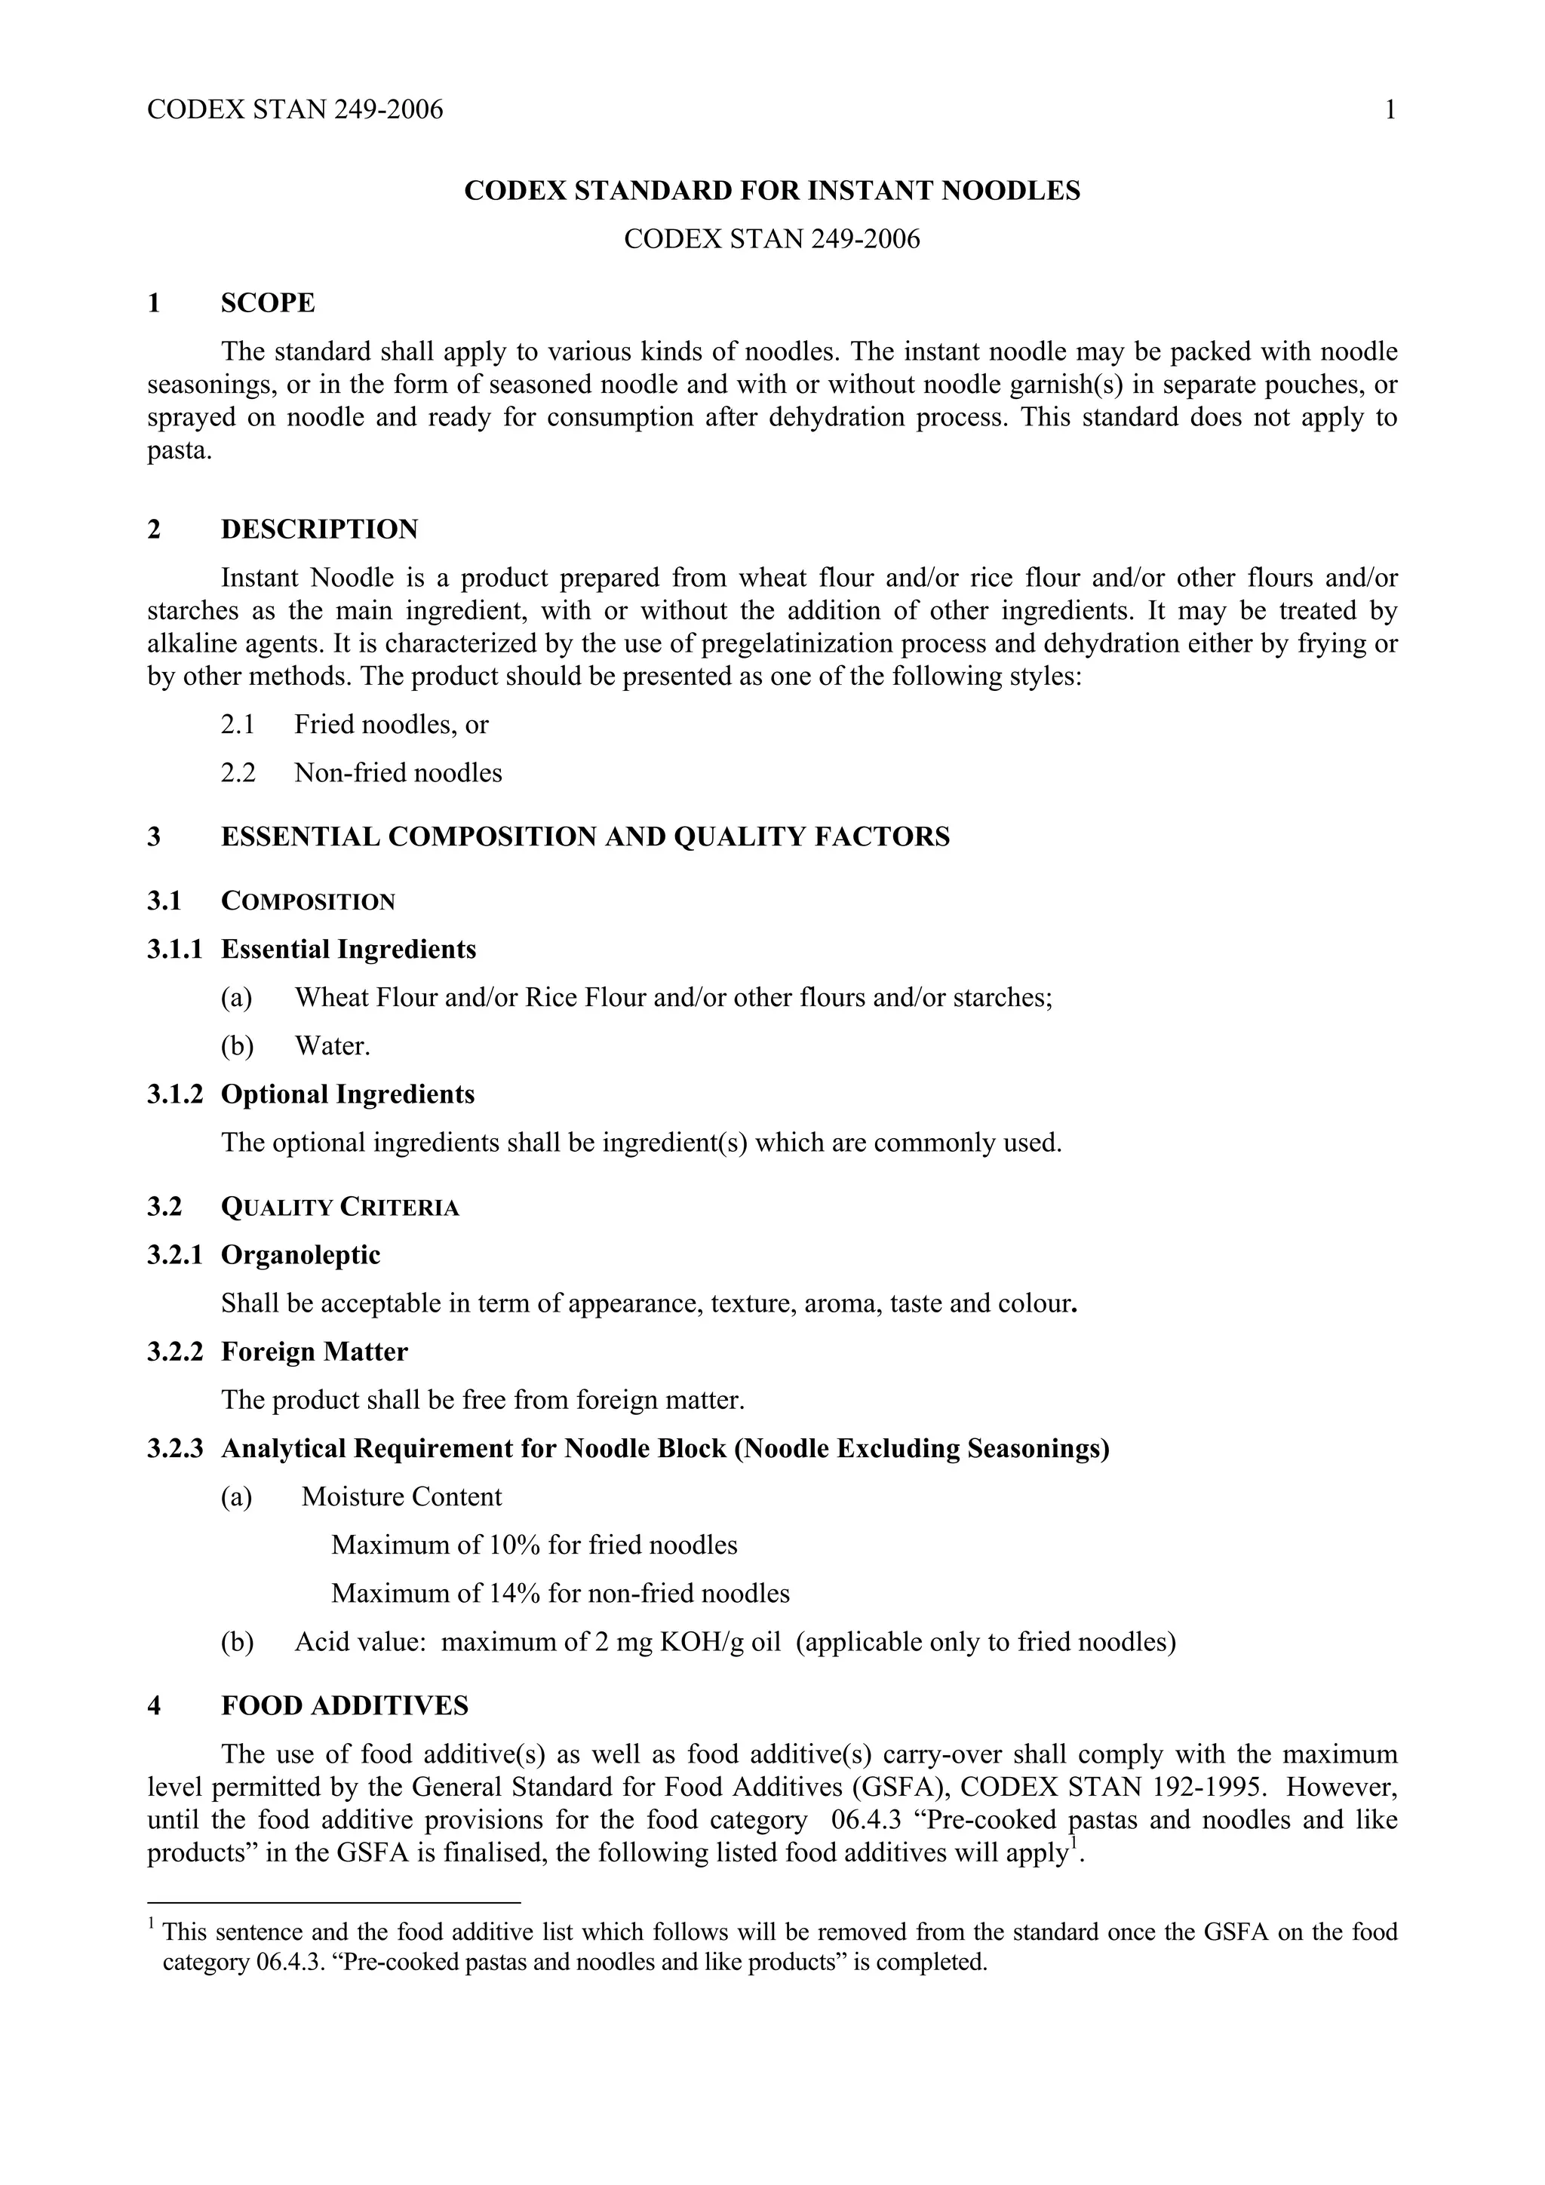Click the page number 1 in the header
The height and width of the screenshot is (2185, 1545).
coord(1390,110)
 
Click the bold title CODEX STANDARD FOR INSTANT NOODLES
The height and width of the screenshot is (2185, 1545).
coord(772,192)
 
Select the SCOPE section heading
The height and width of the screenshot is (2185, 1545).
coord(268,302)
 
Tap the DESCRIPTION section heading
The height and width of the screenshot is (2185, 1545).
coord(319,529)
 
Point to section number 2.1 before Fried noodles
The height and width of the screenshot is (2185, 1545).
coord(238,724)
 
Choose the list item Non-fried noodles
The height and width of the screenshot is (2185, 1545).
coord(398,773)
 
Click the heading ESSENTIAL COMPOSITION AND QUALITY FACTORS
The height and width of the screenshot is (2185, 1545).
coord(585,836)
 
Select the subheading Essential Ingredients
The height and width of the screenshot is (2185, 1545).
coord(349,949)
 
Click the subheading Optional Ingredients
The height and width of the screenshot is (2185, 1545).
coord(348,1094)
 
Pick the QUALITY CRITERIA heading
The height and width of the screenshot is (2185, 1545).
coord(339,1207)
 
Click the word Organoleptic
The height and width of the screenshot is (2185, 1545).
coord(301,1255)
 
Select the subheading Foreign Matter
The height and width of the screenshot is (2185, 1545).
coord(314,1352)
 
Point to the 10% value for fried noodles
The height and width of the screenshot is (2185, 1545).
coord(514,1545)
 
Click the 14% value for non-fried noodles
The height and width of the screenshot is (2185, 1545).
coord(514,1593)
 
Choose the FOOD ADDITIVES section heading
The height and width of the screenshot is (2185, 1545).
coord(345,1706)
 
